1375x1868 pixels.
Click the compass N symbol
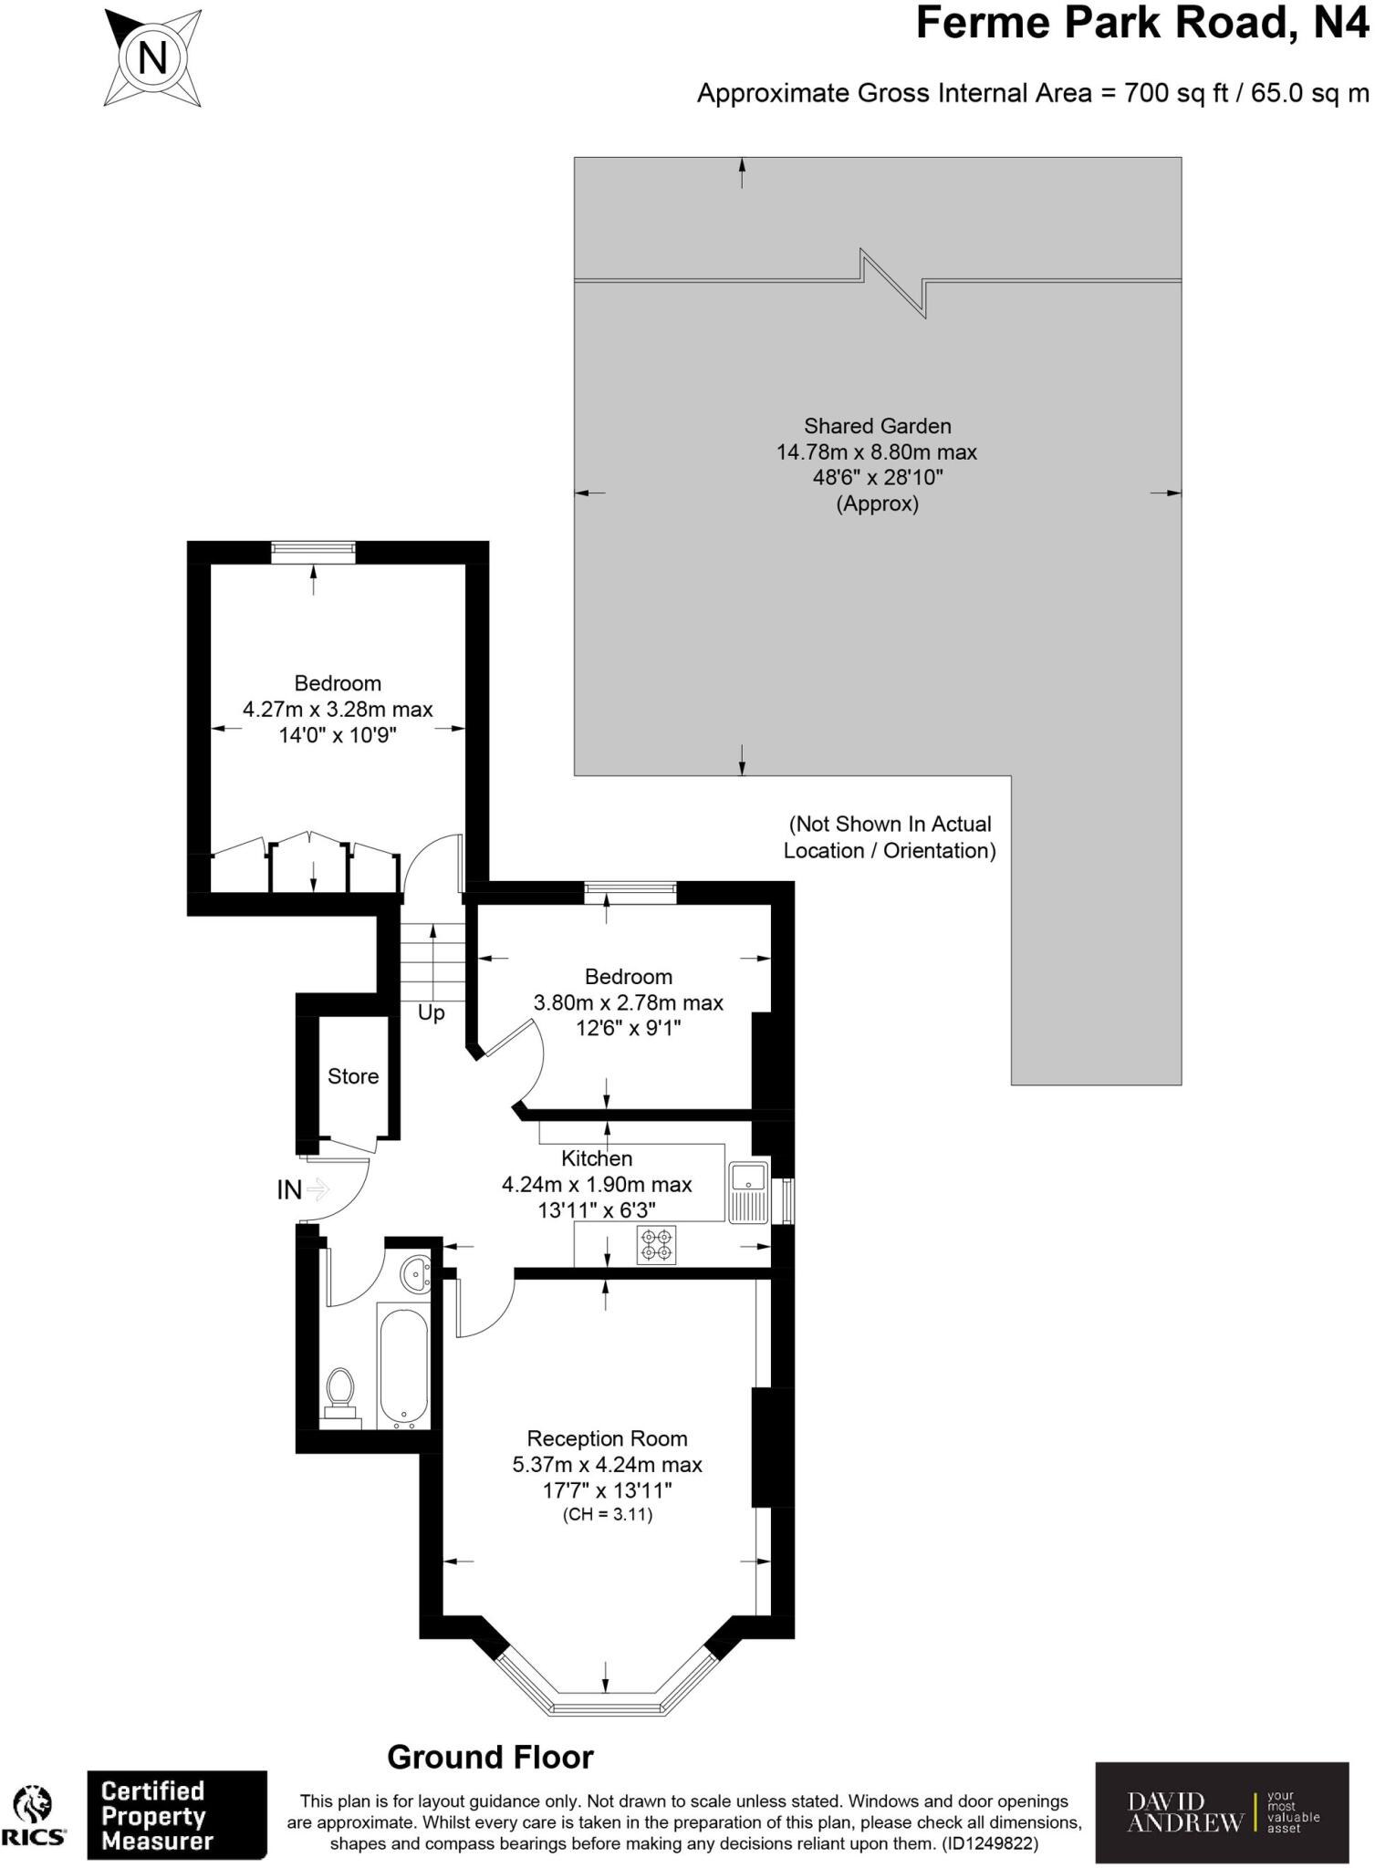coord(152,59)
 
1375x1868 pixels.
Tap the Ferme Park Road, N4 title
coord(1141,22)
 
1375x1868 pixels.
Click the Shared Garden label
coord(877,426)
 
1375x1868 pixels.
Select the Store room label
coord(353,1076)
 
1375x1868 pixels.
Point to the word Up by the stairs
coord(431,1012)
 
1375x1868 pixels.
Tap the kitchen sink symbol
coord(749,1191)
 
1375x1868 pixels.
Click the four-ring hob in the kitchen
coord(656,1246)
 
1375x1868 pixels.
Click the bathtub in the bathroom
coord(401,1368)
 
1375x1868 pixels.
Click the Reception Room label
coord(607,1438)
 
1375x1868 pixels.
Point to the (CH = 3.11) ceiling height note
coord(607,1515)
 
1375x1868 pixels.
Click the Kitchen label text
coord(597,1158)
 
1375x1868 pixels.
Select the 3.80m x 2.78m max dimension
coord(628,1002)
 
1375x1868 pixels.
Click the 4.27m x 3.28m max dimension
coord(338,709)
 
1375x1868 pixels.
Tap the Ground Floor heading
coord(490,1757)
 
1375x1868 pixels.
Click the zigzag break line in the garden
coord(894,282)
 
